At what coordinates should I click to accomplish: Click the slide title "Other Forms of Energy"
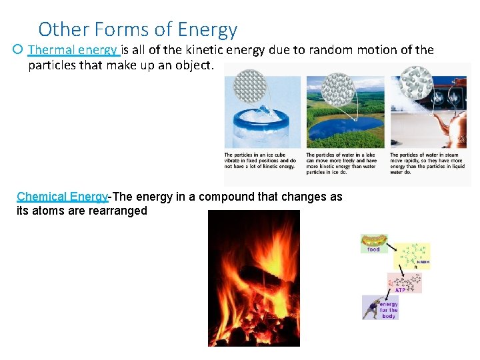137,29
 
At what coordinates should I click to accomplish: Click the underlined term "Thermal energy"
73,50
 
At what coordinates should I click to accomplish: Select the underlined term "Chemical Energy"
62,197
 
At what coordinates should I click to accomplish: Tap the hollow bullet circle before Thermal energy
18,50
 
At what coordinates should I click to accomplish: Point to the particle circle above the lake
337,89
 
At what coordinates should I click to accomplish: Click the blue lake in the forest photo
340,127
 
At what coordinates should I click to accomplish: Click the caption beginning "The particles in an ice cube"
261,161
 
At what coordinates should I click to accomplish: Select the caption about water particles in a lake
343,163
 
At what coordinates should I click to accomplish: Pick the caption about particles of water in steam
426,163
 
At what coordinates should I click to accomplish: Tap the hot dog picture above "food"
373,241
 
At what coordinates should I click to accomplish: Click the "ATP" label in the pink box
400,290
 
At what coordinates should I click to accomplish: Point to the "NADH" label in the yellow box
423,262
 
